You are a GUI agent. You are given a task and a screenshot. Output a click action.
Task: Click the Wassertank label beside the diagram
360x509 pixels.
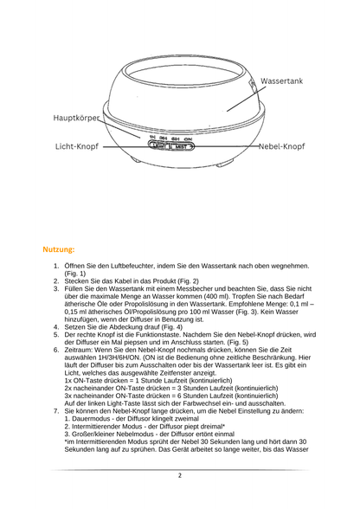[281, 81]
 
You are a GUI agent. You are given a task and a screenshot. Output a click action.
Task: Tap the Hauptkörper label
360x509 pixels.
[76, 118]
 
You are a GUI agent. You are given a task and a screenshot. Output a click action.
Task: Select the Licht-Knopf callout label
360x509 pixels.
[77, 146]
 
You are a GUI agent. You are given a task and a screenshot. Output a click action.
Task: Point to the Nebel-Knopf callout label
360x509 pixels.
[282, 146]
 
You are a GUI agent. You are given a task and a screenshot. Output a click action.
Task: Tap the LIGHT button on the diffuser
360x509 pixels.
[159, 146]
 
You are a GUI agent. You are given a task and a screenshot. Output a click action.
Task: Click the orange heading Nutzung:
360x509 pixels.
[59, 249]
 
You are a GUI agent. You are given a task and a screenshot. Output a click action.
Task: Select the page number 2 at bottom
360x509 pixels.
[180, 475]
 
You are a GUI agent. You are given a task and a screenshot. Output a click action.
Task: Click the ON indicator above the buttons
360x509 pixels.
[188, 139]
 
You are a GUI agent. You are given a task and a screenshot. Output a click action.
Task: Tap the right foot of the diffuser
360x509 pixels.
[224, 163]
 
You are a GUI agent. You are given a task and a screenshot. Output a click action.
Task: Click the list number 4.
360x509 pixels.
[56, 327]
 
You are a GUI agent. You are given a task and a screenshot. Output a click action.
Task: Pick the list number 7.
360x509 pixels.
[56, 411]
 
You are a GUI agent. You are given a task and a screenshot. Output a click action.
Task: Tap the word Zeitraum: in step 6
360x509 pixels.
[78, 350]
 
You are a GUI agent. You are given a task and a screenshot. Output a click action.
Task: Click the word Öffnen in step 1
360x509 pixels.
[74, 266]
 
